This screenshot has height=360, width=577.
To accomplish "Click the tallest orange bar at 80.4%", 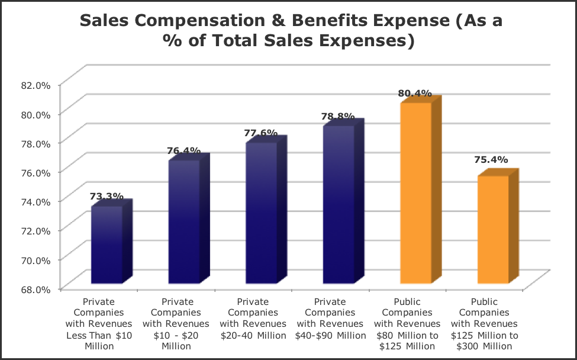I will coord(415,192).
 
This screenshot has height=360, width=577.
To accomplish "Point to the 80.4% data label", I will coord(414,94).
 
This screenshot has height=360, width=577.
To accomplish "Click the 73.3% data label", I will coord(107,197).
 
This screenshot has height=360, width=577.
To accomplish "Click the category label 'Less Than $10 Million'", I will coord(107,323).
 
